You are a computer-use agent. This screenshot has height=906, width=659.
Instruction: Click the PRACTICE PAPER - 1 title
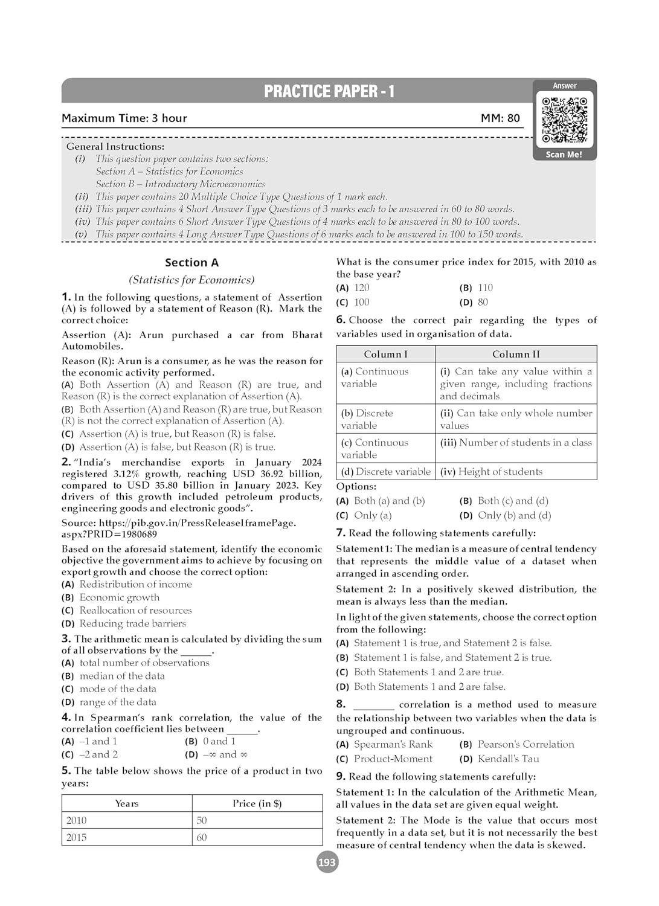pyautogui.click(x=329, y=91)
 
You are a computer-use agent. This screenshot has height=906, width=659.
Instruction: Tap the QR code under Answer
pyautogui.click(x=565, y=119)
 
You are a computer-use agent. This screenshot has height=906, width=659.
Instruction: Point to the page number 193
pyautogui.click(x=327, y=862)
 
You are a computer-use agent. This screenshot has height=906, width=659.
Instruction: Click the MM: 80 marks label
pyautogui.click(x=500, y=118)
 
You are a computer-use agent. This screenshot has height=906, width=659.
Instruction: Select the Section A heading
pyautogui.click(x=191, y=263)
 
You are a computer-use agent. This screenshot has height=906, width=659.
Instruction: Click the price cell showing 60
pyautogui.click(x=202, y=837)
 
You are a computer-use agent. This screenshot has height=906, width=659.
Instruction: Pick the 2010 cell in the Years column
pyautogui.click(x=77, y=820)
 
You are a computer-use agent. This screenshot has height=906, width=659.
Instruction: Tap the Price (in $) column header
pyautogui.click(x=257, y=803)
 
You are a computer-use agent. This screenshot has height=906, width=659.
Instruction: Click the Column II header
pyautogui.click(x=516, y=354)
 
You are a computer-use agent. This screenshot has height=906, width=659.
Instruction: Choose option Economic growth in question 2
pyautogui.click(x=119, y=597)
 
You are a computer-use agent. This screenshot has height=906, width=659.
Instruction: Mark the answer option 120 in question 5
pyautogui.click(x=361, y=288)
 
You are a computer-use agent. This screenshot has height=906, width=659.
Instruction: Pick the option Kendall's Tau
pyautogui.click(x=508, y=759)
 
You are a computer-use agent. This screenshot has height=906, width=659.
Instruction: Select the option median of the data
pyautogui.click(x=121, y=676)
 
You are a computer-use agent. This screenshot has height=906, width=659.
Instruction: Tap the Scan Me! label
pyautogui.click(x=564, y=155)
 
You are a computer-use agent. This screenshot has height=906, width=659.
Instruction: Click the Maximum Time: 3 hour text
pyautogui.click(x=124, y=118)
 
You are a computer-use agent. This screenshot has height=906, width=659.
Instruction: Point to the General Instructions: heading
pyautogui.click(x=115, y=146)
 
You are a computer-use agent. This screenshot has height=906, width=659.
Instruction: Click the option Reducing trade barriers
pyautogui.click(x=132, y=623)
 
